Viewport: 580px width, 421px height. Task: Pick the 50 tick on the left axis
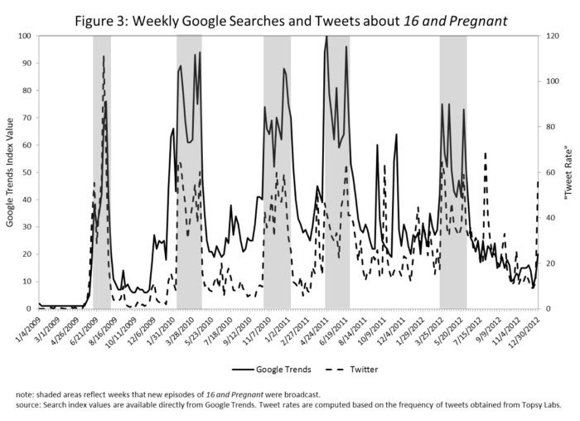click(x=27, y=172)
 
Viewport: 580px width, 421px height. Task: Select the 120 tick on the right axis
click(x=551, y=36)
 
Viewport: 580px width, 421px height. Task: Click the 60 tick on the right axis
click(x=549, y=172)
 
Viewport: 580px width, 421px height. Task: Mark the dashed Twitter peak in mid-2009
click(x=104, y=56)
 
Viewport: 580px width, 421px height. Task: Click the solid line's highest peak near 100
click(x=326, y=36)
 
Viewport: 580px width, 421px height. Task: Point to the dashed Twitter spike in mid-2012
click(x=485, y=154)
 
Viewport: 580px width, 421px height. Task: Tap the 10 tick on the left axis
click(x=27, y=281)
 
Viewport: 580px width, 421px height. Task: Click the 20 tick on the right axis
click(x=549, y=264)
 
